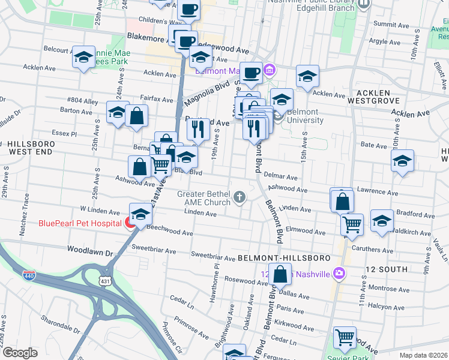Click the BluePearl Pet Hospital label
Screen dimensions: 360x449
(79, 224)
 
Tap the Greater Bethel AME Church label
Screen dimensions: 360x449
(203, 198)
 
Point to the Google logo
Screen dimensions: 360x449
(19, 353)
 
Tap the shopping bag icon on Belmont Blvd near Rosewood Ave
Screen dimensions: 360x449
(280, 275)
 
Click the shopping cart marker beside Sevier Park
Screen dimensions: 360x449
(345, 338)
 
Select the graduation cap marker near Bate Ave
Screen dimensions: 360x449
(402, 160)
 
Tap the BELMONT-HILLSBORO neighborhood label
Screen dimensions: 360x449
(284, 257)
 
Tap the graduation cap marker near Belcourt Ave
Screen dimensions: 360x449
(83, 58)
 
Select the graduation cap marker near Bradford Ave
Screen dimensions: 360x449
(382, 221)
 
